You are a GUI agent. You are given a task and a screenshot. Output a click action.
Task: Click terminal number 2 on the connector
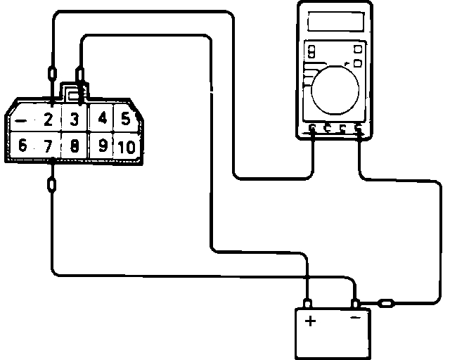49,119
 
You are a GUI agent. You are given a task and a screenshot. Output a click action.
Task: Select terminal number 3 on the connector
74,119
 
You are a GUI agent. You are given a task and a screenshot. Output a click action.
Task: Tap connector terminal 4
103,118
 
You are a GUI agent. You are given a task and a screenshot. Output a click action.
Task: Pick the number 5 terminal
126,118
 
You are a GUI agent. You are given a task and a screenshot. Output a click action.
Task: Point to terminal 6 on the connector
22,146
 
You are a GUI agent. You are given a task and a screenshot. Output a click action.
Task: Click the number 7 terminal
48,147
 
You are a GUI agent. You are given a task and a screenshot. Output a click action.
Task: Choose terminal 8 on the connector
74,147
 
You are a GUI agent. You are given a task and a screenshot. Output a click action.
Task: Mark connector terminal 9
103,146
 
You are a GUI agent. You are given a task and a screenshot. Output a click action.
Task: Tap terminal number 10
127,147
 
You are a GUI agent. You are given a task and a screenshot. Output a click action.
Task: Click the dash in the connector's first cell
21,120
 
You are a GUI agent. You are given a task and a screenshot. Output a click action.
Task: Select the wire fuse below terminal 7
53,186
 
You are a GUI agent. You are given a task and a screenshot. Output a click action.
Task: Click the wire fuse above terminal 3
81,72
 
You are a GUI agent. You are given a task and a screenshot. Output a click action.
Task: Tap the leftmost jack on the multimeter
313,129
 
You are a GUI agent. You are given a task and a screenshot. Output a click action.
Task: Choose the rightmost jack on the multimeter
359,129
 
